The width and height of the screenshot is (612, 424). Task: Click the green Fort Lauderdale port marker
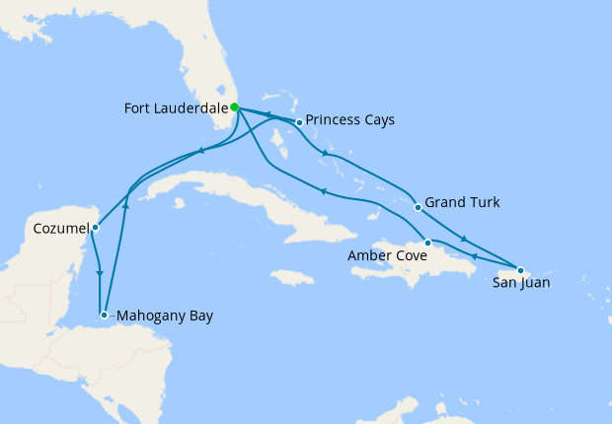coord(235,107)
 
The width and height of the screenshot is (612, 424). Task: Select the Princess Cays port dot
coord(299,122)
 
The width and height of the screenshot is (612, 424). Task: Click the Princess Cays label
coord(350,120)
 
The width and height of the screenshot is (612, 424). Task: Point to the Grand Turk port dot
coord(419,207)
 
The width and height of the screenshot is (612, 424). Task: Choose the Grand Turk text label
coord(462,203)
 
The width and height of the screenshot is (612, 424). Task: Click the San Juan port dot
coord(520,270)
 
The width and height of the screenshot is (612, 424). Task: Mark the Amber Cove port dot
coord(427,243)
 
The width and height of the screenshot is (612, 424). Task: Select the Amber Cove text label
coord(387,256)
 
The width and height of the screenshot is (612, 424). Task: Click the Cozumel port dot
coord(95,228)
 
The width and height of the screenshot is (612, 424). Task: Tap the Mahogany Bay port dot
coord(104,315)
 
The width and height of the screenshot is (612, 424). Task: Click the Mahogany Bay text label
coord(164,316)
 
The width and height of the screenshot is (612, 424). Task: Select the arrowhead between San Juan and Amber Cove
coord(474,257)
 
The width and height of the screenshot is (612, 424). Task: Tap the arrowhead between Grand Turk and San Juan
coord(464,240)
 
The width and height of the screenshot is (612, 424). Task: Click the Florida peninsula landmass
coord(202,69)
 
